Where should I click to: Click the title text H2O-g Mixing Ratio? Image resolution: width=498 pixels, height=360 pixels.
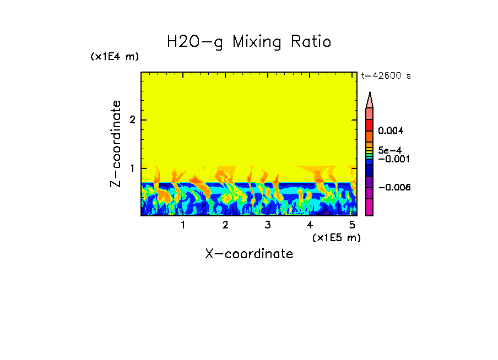click(249, 42)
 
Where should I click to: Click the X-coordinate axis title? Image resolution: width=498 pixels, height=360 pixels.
click(249, 254)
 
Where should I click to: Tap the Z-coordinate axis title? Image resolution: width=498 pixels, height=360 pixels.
click(116, 144)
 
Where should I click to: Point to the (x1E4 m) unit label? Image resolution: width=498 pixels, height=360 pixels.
click(115, 57)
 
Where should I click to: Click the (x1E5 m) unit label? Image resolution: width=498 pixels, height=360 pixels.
click(336, 237)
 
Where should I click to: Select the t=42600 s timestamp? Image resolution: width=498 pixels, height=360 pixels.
click(386, 76)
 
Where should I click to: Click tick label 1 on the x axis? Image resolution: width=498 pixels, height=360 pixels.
click(183, 225)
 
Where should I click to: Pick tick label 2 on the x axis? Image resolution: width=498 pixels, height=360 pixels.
click(225, 225)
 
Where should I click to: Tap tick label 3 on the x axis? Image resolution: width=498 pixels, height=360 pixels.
click(267, 225)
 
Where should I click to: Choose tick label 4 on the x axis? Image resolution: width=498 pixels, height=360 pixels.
click(310, 225)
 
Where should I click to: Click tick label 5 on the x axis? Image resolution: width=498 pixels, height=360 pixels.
click(351, 225)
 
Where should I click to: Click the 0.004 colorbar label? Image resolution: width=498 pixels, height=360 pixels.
click(391, 131)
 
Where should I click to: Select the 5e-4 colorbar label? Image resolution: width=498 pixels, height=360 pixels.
click(389, 150)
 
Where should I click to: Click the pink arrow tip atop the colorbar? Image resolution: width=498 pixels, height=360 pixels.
click(369, 100)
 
